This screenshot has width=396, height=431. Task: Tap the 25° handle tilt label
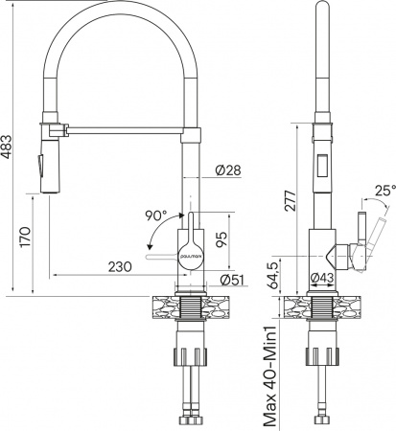click(x=383, y=192)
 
